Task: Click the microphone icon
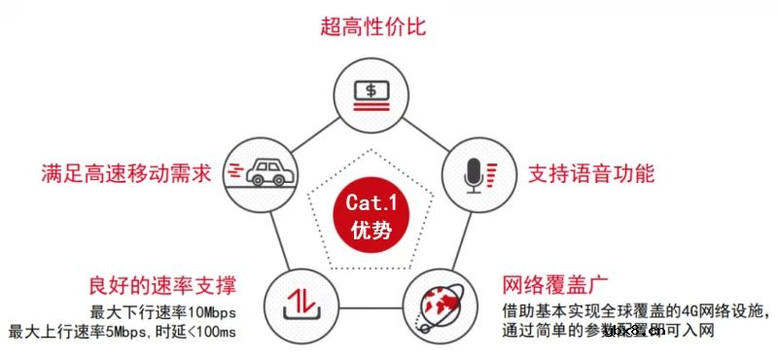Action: click(x=476, y=174)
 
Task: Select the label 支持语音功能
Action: click(x=591, y=175)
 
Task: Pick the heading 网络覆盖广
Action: click(x=555, y=286)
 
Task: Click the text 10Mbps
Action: click(x=209, y=312)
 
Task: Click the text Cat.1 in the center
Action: click(x=372, y=203)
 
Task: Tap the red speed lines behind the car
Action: click(x=234, y=171)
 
